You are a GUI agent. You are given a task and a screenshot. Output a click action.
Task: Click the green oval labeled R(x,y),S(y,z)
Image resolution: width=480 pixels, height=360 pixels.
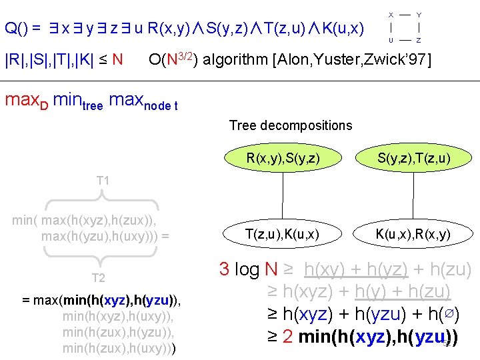tap(283, 159)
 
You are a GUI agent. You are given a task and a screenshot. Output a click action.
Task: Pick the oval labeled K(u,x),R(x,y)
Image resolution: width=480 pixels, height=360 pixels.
tap(413, 234)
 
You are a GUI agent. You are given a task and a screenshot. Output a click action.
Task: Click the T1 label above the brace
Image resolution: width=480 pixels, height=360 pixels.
tap(103, 181)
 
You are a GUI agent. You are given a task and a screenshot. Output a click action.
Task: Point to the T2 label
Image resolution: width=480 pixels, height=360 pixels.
tap(98, 278)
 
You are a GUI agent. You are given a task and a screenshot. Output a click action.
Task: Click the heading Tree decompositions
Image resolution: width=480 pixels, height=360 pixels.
tap(291, 125)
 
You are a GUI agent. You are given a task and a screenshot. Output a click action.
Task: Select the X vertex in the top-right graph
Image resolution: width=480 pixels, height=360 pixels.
tap(391, 14)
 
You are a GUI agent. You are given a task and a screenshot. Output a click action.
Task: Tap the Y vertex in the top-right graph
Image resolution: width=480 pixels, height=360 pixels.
tap(418, 14)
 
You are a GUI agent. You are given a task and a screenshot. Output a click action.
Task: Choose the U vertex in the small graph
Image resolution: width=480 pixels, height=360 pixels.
tap(391, 41)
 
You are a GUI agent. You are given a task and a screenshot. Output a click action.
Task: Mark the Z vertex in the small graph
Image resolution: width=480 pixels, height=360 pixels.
tap(418, 41)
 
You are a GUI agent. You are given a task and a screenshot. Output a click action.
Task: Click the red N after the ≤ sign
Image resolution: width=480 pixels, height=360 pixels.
tap(117, 61)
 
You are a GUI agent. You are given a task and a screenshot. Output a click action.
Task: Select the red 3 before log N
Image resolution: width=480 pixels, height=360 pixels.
tap(225, 270)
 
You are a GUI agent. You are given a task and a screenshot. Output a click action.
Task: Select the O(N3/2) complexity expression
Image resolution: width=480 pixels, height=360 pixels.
tap(172, 60)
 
